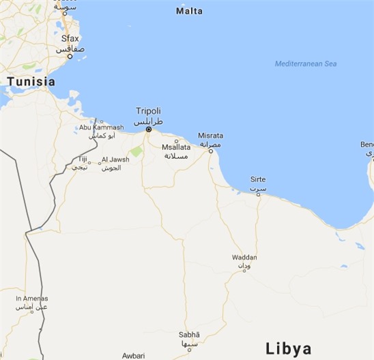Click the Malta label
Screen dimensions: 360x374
click(x=189, y=11)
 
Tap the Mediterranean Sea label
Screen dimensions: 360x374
click(x=306, y=63)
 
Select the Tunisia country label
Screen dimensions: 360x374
click(x=31, y=81)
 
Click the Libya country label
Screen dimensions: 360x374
click(x=288, y=348)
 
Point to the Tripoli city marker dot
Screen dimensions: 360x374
click(x=148, y=129)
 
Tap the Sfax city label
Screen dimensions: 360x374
click(x=70, y=39)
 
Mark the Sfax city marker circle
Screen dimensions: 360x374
click(x=70, y=56)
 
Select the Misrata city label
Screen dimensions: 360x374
click(x=210, y=135)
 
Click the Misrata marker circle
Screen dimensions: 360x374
click(x=210, y=151)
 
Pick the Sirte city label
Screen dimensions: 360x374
click(x=258, y=179)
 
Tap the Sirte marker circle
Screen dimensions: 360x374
click(x=258, y=194)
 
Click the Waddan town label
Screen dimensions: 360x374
click(x=244, y=257)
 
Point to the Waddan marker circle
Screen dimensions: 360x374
click(x=244, y=271)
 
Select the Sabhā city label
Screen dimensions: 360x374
click(x=189, y=334)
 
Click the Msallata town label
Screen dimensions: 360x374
click(x=176, y=147)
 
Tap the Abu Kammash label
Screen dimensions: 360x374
click(x=102, y=127)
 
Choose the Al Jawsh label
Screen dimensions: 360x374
click(x=115, y=160)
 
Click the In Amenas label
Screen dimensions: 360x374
click(x=32, y=298)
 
